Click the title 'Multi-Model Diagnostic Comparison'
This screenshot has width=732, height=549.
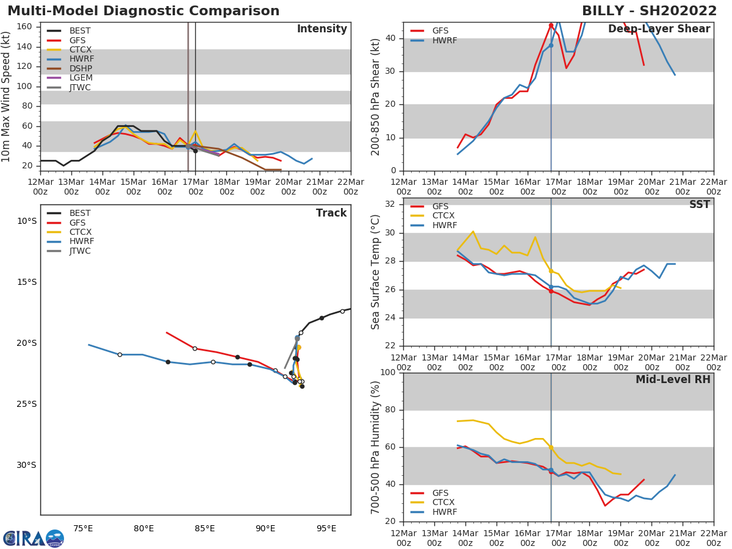(x=143, y=11)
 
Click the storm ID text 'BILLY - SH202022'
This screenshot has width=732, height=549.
(x=649, y=11)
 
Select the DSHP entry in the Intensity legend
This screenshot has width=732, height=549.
(x=81, y=68)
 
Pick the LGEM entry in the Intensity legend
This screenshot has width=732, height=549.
(x=81, y=78)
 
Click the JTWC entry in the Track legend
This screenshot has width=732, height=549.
(x=80, y=251)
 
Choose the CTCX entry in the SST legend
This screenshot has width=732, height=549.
(x=443, y=216)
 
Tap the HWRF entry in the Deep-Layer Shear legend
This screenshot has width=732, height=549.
(x=444, y=41)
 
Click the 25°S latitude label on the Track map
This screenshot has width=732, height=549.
(x=27, y=404)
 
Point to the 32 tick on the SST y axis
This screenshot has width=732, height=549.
(x=390, y=204)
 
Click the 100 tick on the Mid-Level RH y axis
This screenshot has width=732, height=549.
(x=388, y=373)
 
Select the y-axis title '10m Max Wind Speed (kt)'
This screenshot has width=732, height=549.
(x=7, y=96)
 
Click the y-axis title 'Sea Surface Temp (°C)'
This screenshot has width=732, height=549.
(x=376, y=272)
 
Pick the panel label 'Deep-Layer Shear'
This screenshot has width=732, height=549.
(x=659, y=29)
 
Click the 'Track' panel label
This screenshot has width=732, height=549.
(x=331, y=213)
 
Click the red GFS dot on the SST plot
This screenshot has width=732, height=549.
(x=551, y=291)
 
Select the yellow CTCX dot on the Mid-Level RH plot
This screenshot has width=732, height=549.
(x=551, y=447)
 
